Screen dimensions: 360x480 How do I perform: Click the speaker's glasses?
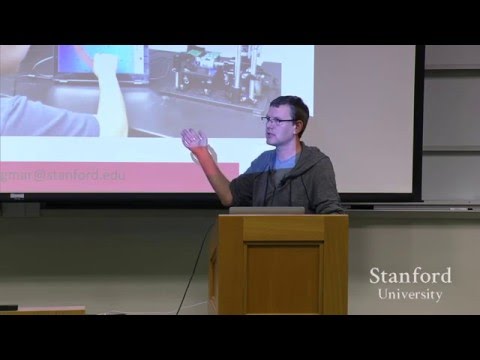coord(277,120)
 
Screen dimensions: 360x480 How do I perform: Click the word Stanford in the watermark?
coord(410,275)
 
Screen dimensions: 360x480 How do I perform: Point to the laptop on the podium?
coord(266,210)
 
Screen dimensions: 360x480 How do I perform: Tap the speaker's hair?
coord(289,105)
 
